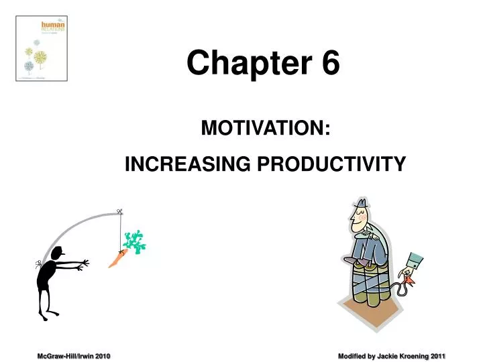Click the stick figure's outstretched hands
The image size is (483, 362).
click(83, 266)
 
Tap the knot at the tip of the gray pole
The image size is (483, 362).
click(119, 213)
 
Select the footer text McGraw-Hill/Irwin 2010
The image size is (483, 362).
click(73, 355)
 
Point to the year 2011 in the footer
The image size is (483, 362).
click(438, 355)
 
